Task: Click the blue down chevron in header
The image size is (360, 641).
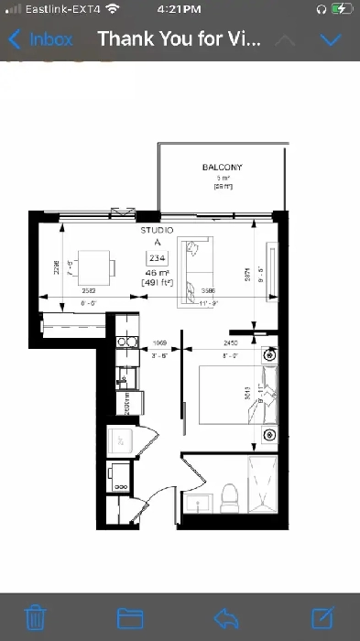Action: (x=331, y=40)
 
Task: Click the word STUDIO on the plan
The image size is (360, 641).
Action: (x=157, y=232)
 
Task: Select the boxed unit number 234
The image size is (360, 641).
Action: (x=157, y=259)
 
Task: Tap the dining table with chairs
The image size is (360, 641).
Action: (x=96, y=268)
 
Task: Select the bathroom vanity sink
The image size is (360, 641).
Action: (x=197, y=504)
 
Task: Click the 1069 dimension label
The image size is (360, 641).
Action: (x=158, y=343)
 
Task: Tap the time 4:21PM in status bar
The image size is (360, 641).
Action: (x=179, y=8)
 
